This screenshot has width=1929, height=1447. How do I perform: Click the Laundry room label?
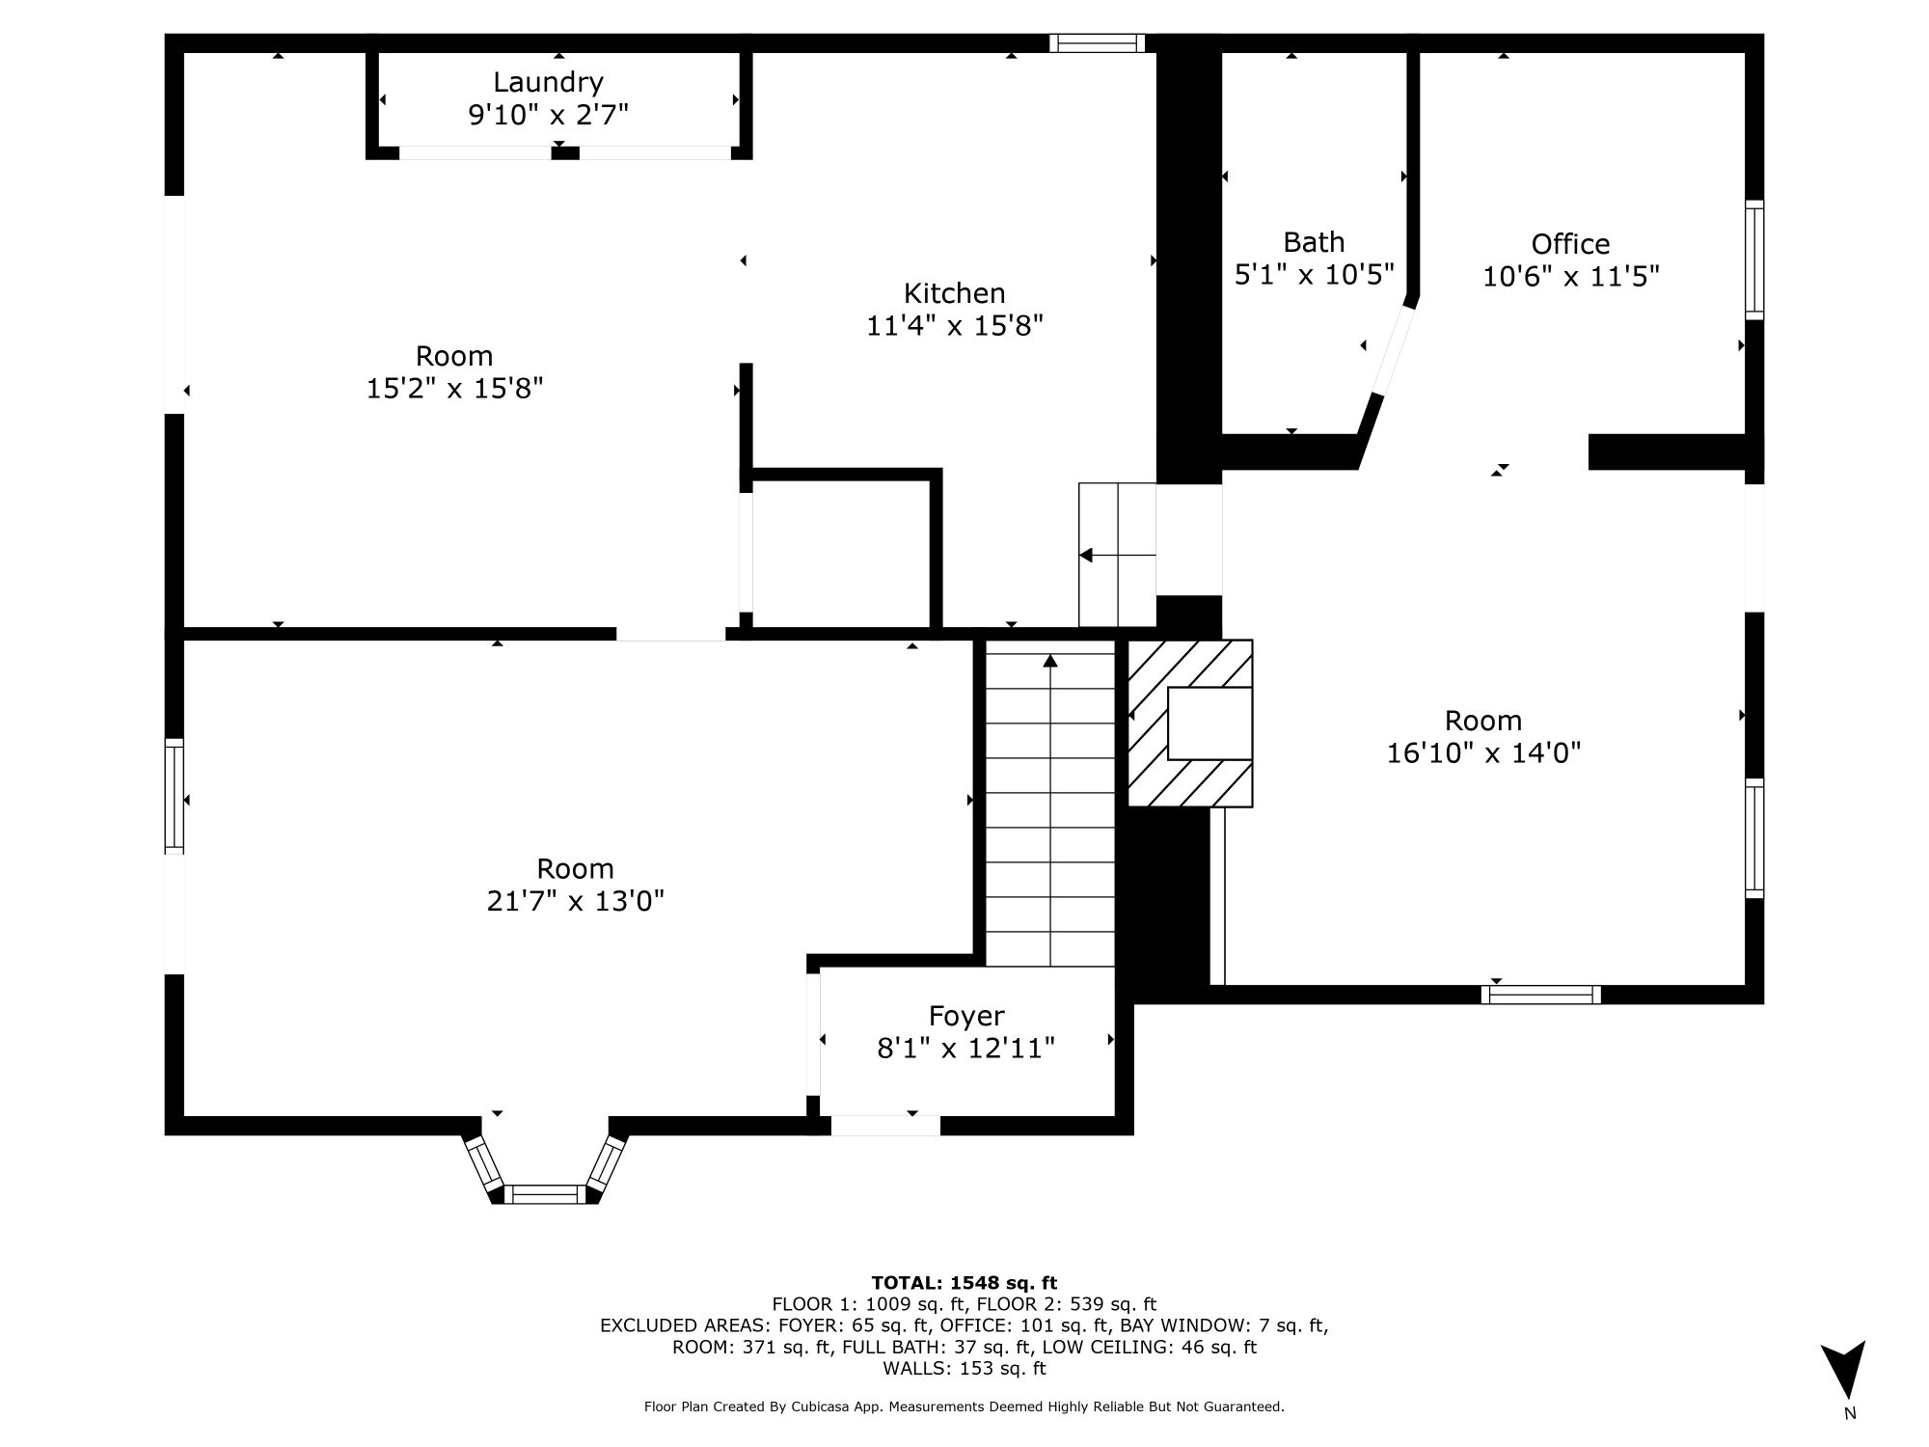pyautogui.click(x=548, y=83)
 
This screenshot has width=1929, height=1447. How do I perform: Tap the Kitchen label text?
pyautogui.click(x=954, y=293)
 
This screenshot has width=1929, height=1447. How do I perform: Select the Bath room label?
pyautogui.click(x=1314, y=242)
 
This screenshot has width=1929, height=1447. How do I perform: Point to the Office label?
pyautogui.click(x=1570, y=244)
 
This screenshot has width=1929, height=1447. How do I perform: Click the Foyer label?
pyautogui.click(x=966, y=1016)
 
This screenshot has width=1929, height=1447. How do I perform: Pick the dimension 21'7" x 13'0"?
pyautogui.click(x=576, y=901)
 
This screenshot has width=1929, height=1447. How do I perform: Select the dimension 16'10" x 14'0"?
pyautogui.click(x=1483, y=752)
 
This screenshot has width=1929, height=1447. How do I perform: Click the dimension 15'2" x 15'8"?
pyautogui.click(x=454, y=389)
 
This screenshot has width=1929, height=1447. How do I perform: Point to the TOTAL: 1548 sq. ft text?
pyautogui.click(x=964, y=1283)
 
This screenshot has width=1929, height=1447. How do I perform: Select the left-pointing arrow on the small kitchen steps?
pyautogui.click(x=1117, y=555)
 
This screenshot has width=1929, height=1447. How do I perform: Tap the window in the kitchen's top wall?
pyautogui.click(x=1097, y=42)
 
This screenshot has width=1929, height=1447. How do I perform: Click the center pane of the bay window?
pyautogui.click(x=545, y=1194)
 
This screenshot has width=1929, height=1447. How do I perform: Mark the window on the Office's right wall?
pyautogui.click(x=1754, y=259)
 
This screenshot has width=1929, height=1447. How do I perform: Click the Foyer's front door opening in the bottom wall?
pyautogui.click(x=885, y=1125)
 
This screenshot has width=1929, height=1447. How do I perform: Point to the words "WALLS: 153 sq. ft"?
pyautogui.click(x=964, y=1368)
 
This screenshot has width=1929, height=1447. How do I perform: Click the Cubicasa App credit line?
pyautogui.click(x=964, y=1406)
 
